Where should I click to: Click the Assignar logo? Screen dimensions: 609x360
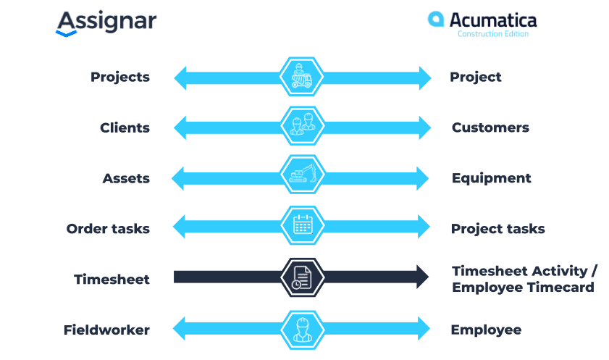point(106,23)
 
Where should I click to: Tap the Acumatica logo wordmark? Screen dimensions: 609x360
point(493,20)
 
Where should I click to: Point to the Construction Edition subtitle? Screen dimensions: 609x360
point(493,34)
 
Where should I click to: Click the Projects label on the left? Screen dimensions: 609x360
point(120,78)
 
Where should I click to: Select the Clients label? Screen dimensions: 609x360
point(125,127)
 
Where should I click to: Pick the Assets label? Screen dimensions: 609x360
point(126,178)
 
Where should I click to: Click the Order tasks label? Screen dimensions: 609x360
point(108,229)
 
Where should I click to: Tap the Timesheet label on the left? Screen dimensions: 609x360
point(112,279)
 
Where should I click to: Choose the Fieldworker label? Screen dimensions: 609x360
point(106,330)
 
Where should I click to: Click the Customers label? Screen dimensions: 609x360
point(490,127)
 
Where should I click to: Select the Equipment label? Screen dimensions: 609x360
point(491,178)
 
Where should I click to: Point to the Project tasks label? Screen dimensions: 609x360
point(498,229)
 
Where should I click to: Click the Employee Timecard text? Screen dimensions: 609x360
point(523,288)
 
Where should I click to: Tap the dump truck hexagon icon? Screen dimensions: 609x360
point(301,77)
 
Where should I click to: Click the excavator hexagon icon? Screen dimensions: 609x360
point(303,175)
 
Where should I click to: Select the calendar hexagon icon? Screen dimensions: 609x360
point(303,225)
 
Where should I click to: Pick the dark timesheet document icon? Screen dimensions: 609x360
point(303,277)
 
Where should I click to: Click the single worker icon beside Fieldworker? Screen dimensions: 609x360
point(303,330)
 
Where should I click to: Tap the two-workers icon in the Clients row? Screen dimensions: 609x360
point(303,126)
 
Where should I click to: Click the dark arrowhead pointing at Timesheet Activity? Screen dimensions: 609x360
point(423,277)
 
